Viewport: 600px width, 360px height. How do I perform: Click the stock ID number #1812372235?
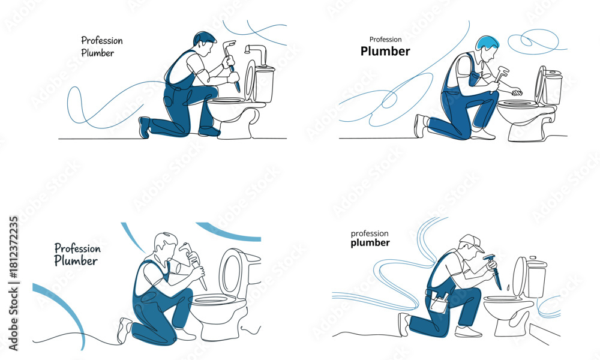13,248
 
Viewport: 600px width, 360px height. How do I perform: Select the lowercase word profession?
370,234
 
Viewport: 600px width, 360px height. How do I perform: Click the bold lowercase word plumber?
370,243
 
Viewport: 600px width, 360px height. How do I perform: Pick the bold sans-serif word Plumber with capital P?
385,51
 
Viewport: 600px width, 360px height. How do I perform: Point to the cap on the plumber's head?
473,242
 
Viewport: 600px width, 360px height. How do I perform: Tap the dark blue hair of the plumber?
204,37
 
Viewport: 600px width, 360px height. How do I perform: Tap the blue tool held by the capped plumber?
493,271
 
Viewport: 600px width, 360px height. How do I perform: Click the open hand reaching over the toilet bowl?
516,92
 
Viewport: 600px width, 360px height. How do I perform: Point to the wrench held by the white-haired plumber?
194,265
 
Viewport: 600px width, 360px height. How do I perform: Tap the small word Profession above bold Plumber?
385,40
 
